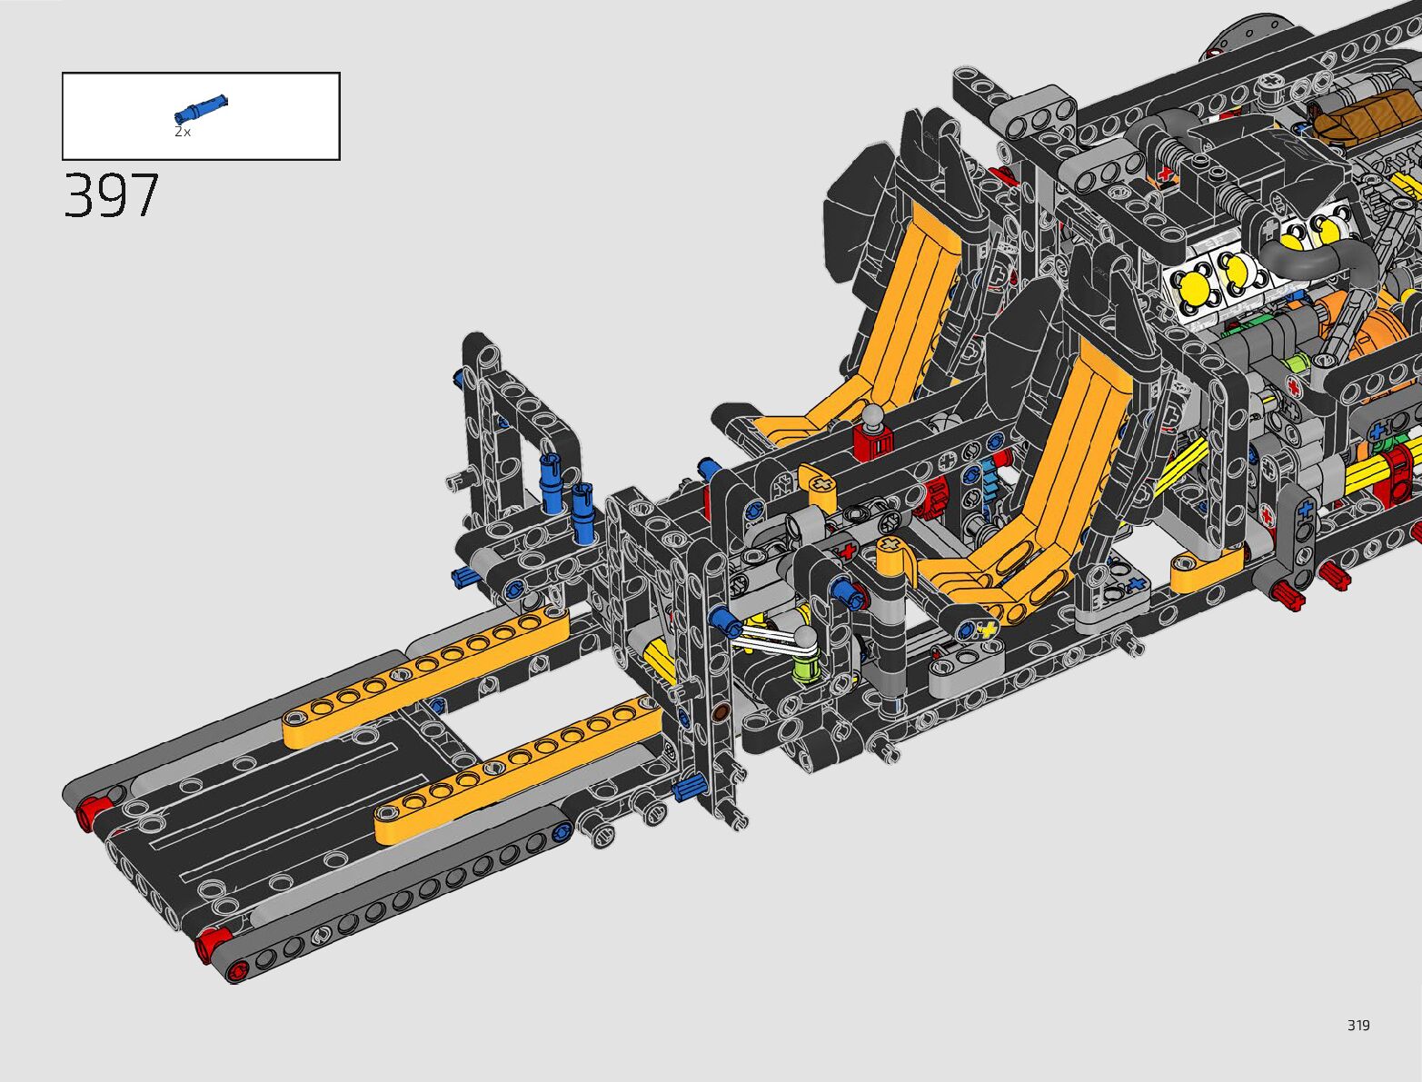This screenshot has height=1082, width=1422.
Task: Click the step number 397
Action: click(x=112, y=195)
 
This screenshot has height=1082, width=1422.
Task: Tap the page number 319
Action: click(x=1358, y=1025)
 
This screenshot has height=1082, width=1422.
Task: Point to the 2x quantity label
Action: click(x=183, y=132)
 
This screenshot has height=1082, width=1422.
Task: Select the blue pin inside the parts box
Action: click(x=202, y=108)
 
